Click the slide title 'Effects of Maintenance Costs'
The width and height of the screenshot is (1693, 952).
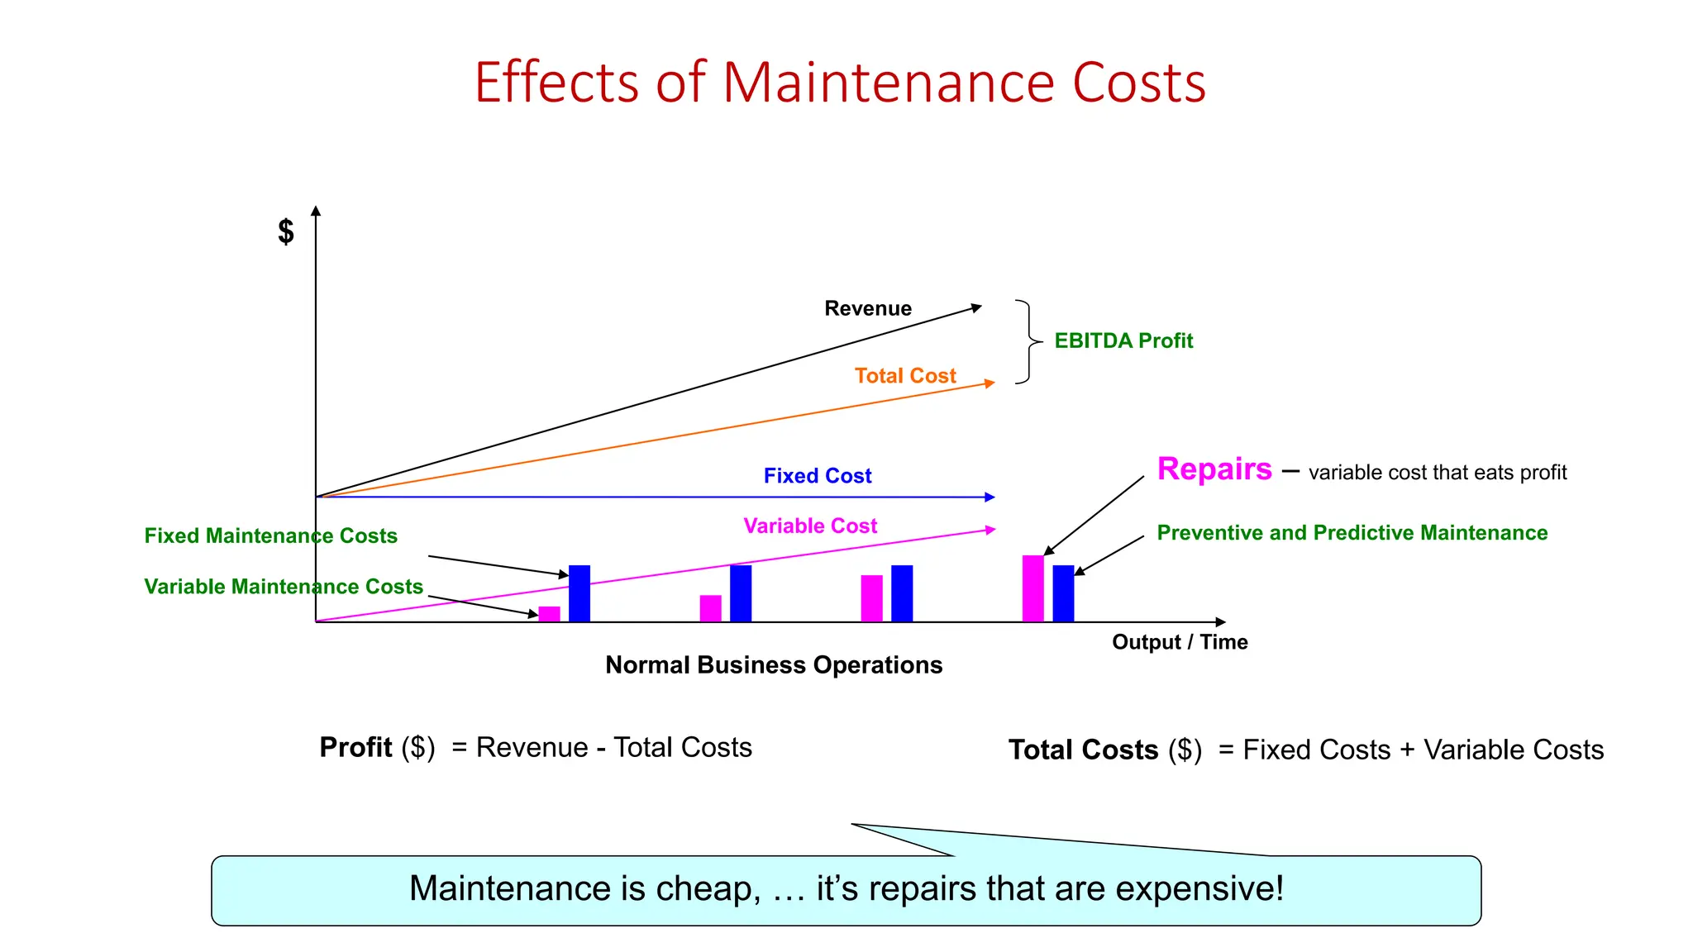coord(840,83)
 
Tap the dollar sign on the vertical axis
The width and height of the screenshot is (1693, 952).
coord(286,231)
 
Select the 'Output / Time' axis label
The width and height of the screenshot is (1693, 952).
coord(1180,642)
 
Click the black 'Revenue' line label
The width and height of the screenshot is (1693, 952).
coord(868,308)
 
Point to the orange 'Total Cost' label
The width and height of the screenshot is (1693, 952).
coord(905,376)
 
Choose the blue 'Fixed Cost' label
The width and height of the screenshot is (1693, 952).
coord(818,476)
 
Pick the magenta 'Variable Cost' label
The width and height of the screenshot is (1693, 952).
coord(810,526)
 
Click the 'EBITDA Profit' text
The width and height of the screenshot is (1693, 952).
coord(1123,340)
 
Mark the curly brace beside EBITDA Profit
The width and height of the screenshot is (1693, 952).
coord(1028,341)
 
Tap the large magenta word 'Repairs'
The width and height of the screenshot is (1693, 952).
coord(1214,469)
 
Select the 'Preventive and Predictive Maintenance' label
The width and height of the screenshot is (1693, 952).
coord(1352,533)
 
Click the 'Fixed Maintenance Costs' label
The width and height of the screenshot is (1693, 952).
coord(271,535)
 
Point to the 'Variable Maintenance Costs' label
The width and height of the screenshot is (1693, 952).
coord(284,587)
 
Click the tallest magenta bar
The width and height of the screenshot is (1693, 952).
coord(1032,588)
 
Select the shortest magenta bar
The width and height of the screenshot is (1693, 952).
coord(549,614)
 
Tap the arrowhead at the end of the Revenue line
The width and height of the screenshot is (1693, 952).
coord(977,307)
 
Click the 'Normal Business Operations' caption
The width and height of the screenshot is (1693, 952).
coord(774,665)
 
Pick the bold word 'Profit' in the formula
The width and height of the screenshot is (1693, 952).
coord(355,747)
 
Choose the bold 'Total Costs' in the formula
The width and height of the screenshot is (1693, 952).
coord(1083,750)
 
